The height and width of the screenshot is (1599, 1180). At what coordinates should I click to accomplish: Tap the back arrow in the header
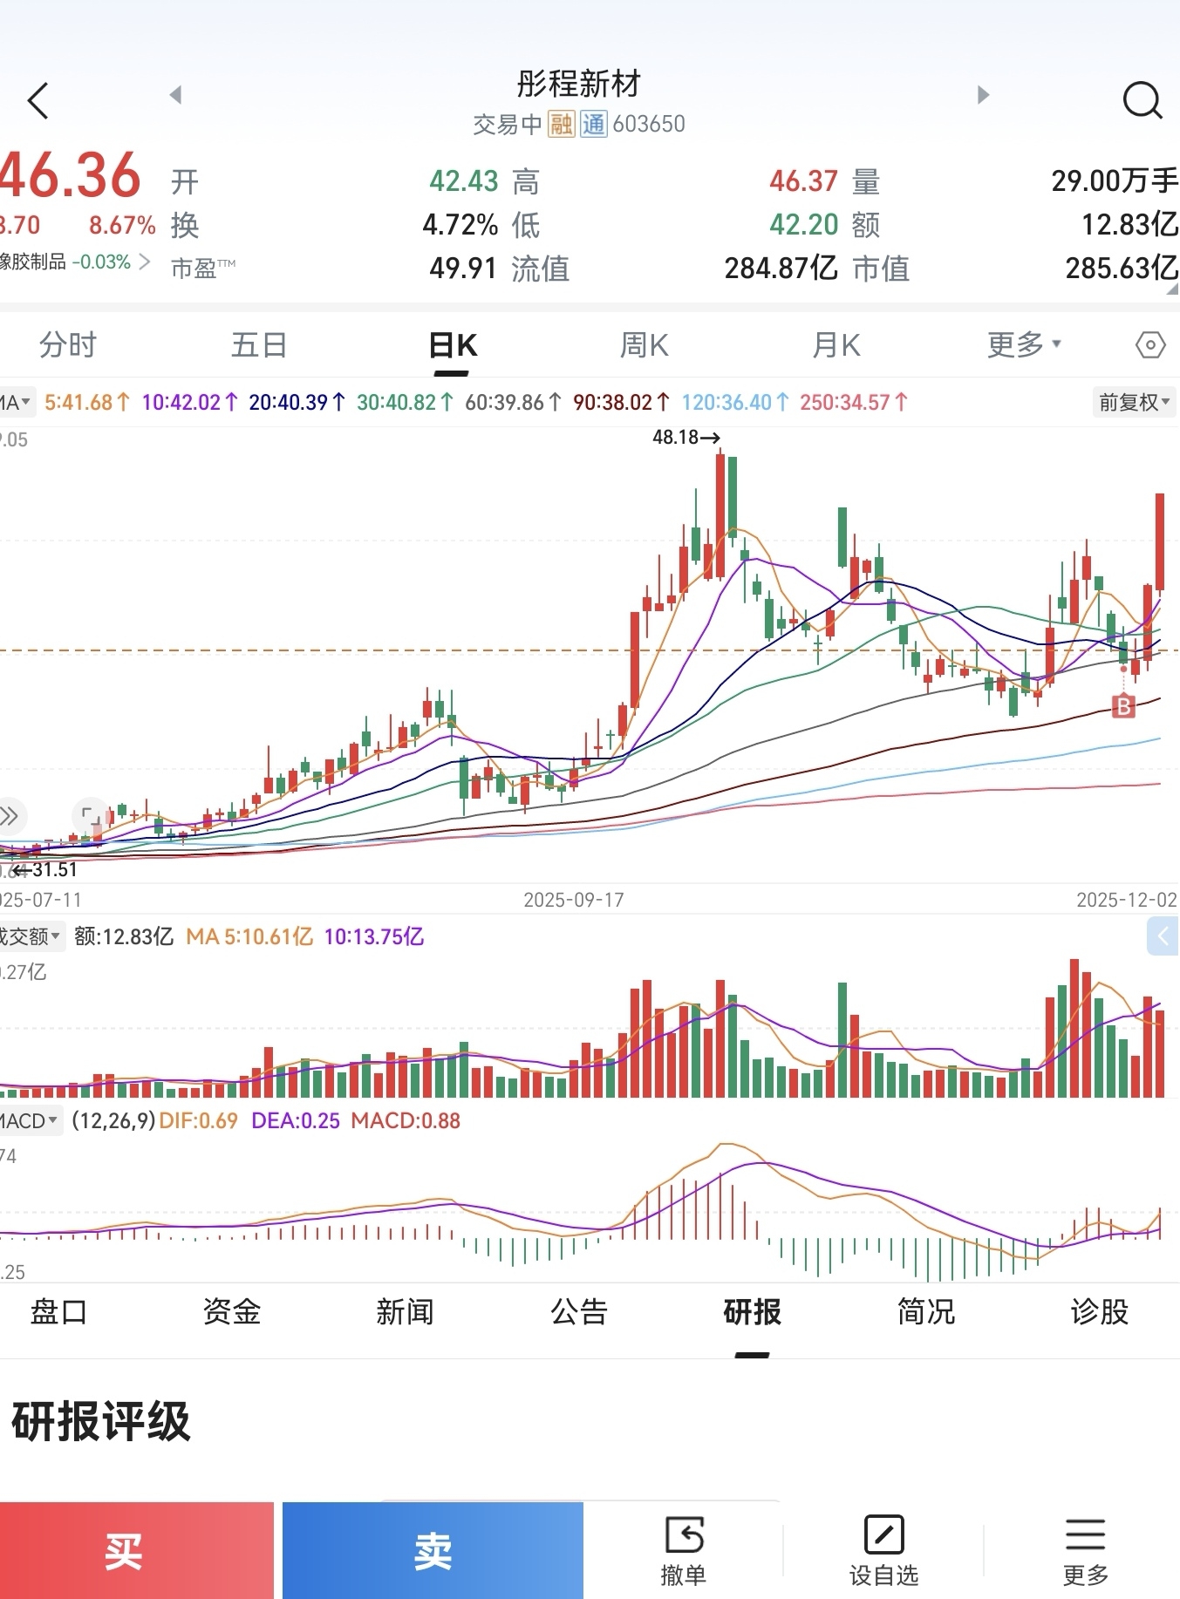[x=38, y=100]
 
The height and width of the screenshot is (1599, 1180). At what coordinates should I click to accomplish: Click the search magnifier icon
[x=1142, y=100]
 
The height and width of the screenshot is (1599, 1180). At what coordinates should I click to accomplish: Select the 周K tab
[x=644, y=345]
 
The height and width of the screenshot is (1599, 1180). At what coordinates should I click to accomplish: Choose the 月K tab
[x=836, y=345]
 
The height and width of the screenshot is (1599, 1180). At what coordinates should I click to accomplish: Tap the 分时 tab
[x=68, y=345]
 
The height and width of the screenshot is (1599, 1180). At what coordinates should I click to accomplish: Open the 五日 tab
[x=259, y=345]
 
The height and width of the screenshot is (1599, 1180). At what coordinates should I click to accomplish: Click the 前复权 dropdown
[x=1134, y=402]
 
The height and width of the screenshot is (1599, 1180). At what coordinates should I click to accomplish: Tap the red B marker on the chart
[x=1124, y=705]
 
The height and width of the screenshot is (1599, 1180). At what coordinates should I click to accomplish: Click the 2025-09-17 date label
[x=574, y=900]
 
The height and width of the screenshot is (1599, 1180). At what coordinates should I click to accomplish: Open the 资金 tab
[x=232, y=1311]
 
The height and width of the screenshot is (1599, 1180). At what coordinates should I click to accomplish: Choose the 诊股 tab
[x=1099, y=1311]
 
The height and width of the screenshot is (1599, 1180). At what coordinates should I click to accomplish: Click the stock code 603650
[x=649, y=124]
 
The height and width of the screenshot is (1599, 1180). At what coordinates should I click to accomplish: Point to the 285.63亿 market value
[x=1121, y=268]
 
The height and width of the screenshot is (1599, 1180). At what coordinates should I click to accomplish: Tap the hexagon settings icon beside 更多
[x=1150, y=345]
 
